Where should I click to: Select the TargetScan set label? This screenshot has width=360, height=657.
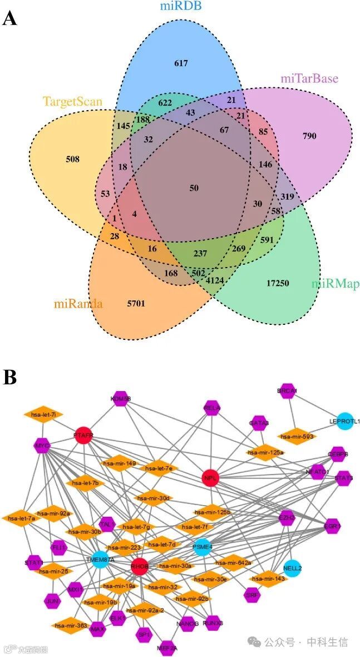coord(72,102)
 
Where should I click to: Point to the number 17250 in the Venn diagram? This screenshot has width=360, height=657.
coord(278,283)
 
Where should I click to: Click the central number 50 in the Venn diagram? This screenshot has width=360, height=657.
coord(194,188)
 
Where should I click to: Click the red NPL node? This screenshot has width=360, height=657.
coord(211,477)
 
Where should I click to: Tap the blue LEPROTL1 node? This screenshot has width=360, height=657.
coord(344,421)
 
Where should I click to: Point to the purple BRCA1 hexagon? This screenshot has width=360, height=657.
coord(287,391)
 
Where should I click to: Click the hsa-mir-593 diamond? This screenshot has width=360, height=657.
coord(297,437)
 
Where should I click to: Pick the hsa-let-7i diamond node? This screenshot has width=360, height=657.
coord(43,414)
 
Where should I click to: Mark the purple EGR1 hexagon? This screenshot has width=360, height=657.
coord(333,525)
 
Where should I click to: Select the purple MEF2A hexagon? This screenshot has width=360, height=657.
coord(167,648)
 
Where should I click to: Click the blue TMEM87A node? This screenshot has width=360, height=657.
coord(100,560)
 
